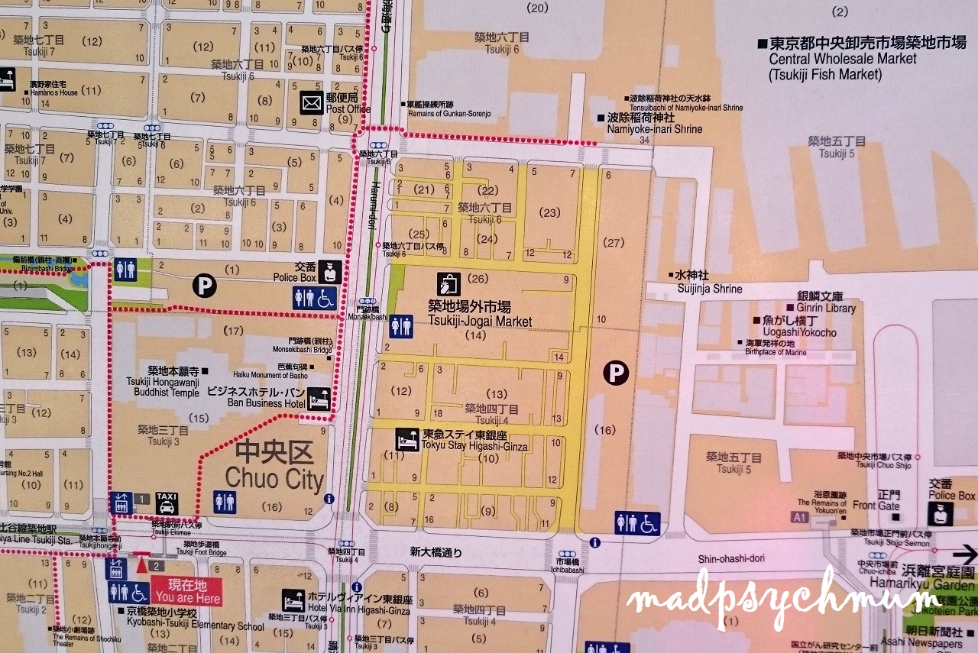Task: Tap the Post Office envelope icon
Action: coord(312,103)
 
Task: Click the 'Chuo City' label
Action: coord(274,467)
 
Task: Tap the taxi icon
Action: coord(167,503)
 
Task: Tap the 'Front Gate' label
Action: coord(875,505)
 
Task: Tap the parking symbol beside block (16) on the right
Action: coord(615,373)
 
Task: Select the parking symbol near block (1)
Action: coord(204,286)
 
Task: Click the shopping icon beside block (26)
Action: coord(448,284)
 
